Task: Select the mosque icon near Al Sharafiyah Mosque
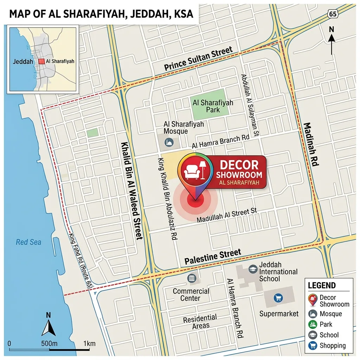point(170,143)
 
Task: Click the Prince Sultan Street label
point(198,59)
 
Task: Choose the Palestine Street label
point(213,257)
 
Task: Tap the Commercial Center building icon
point(192,278)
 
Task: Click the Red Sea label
point(28,242)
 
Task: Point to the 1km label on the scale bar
point(89,343)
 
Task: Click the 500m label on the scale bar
point(49,343)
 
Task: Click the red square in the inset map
point(41,61)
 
